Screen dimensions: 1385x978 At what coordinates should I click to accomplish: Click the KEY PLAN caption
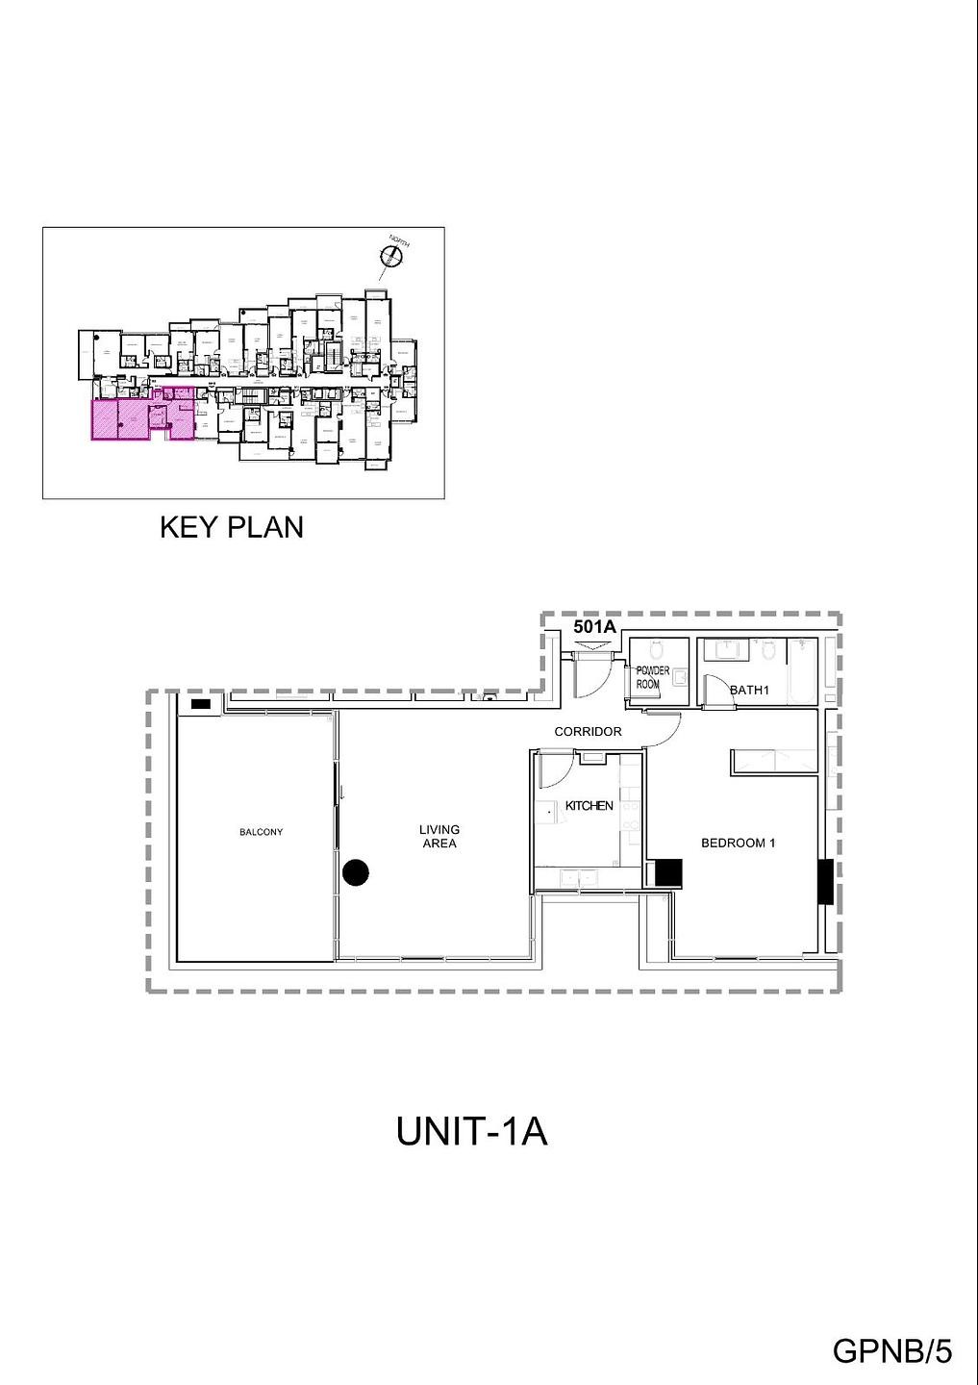(231, 527)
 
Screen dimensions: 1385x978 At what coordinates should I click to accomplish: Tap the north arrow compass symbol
(391, 254)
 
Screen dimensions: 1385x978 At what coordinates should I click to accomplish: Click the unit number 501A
(594, 626)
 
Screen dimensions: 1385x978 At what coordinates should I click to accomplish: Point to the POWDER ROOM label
(652, 677)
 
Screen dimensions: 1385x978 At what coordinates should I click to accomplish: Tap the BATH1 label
(749, 690)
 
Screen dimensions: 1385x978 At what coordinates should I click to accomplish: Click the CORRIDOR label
(588, 732)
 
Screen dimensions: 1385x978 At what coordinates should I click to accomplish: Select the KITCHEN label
(589, 806)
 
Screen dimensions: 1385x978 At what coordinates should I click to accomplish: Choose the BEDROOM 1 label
(738, 844)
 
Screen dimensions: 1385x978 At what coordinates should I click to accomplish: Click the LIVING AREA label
(439, 836)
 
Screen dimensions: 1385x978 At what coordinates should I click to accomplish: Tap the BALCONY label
(262, 832)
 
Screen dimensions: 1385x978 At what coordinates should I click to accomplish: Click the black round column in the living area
(356, 872)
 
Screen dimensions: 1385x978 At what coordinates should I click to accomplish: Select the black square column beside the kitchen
(667, 873)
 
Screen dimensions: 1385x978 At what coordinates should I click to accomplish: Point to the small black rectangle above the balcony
(201, 705)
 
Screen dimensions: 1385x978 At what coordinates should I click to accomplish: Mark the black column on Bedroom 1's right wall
(824, 881)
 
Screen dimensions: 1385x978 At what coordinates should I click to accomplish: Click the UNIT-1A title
(471, 1131)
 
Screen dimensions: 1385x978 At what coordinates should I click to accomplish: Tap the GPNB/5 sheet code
(891, 1351)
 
